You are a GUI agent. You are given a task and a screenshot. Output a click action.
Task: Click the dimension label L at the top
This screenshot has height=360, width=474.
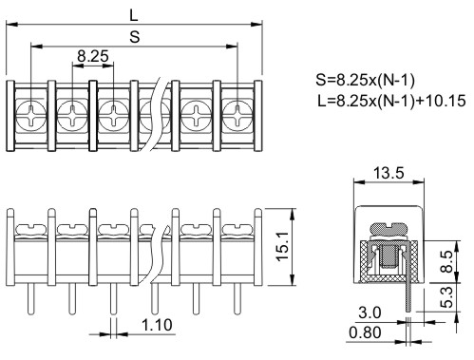(134, 15)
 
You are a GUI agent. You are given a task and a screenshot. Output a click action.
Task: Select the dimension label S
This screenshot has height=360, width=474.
(135, 37)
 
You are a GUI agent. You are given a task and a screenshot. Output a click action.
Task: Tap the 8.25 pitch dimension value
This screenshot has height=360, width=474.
(93, 56)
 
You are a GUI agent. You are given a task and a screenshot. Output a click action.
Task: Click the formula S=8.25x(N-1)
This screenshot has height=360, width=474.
(365, 80)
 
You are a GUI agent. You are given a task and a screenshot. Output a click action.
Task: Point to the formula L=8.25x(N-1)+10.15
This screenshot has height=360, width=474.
(391, 101)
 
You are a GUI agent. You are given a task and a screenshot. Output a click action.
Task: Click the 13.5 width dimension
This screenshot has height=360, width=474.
(389, 173)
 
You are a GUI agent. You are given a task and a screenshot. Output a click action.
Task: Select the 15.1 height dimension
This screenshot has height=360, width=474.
(283, 246)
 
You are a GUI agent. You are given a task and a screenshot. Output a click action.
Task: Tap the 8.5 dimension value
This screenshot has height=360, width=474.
(446, 261)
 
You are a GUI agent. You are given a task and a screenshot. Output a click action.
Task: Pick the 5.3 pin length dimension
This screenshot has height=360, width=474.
(446, 297)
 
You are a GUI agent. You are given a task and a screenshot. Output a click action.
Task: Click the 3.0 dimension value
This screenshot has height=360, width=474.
(370, 313)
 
